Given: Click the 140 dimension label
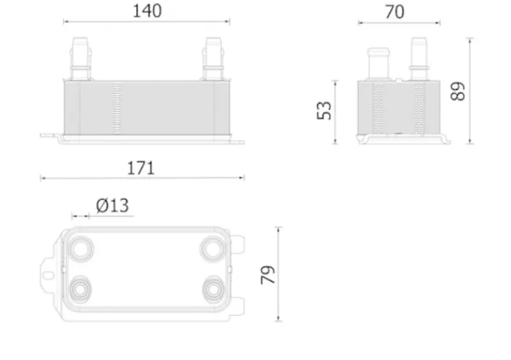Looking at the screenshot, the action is (147, 11).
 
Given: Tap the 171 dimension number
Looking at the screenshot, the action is (141, 168).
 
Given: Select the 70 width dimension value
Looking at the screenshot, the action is (395, 12).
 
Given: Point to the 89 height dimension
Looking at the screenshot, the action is (457, 91).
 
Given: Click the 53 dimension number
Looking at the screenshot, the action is (324, 111).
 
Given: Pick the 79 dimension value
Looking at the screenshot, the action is (268, 275).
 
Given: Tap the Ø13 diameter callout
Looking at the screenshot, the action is (112, 206).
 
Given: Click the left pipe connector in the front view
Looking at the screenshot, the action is (80, 59).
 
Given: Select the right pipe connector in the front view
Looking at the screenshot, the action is (213, 59).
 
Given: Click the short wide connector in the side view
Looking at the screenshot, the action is (379, 64).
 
